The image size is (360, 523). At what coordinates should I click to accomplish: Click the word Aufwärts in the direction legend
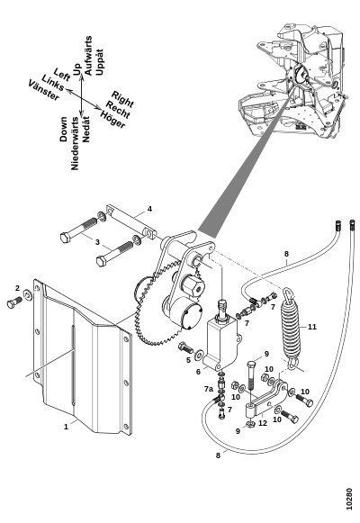[88, 56]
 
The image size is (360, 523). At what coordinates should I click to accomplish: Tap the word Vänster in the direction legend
[44, 90]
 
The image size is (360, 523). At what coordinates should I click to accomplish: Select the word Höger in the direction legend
[113, 120]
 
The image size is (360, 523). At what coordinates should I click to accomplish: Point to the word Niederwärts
[75, 143]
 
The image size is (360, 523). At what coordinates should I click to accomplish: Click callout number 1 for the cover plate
[66, 427]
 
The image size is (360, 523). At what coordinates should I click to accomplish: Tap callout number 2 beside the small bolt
[17, 288]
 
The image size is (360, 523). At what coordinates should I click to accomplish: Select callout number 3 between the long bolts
[97, 242]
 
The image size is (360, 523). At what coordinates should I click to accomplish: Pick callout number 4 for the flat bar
[149, 209]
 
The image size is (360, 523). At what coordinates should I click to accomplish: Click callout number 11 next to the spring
[311, 327]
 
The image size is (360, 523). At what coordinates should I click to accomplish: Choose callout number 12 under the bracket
[263, 423]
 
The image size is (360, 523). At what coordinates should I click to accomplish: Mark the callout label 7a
[209, 389]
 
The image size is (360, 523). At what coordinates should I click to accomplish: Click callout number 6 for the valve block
[199, 372]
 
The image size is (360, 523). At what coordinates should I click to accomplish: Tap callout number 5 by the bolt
[188, 360]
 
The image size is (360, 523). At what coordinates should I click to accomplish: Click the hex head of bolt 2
[11, 304]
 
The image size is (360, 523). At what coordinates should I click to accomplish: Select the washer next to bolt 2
[27, 295]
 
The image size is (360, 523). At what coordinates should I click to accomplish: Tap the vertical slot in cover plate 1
[73, 365]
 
